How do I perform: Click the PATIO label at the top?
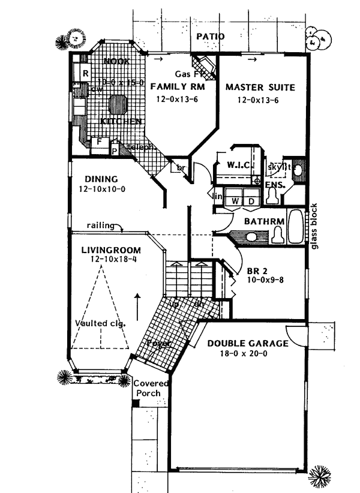209,37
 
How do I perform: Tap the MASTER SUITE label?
260,88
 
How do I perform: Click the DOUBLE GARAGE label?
248,344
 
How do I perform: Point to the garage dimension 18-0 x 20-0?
248,354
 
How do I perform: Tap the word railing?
100,226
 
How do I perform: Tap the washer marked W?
235,202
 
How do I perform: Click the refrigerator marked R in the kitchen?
85,73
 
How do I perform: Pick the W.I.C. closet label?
239,164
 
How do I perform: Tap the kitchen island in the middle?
118,105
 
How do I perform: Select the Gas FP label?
185,74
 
